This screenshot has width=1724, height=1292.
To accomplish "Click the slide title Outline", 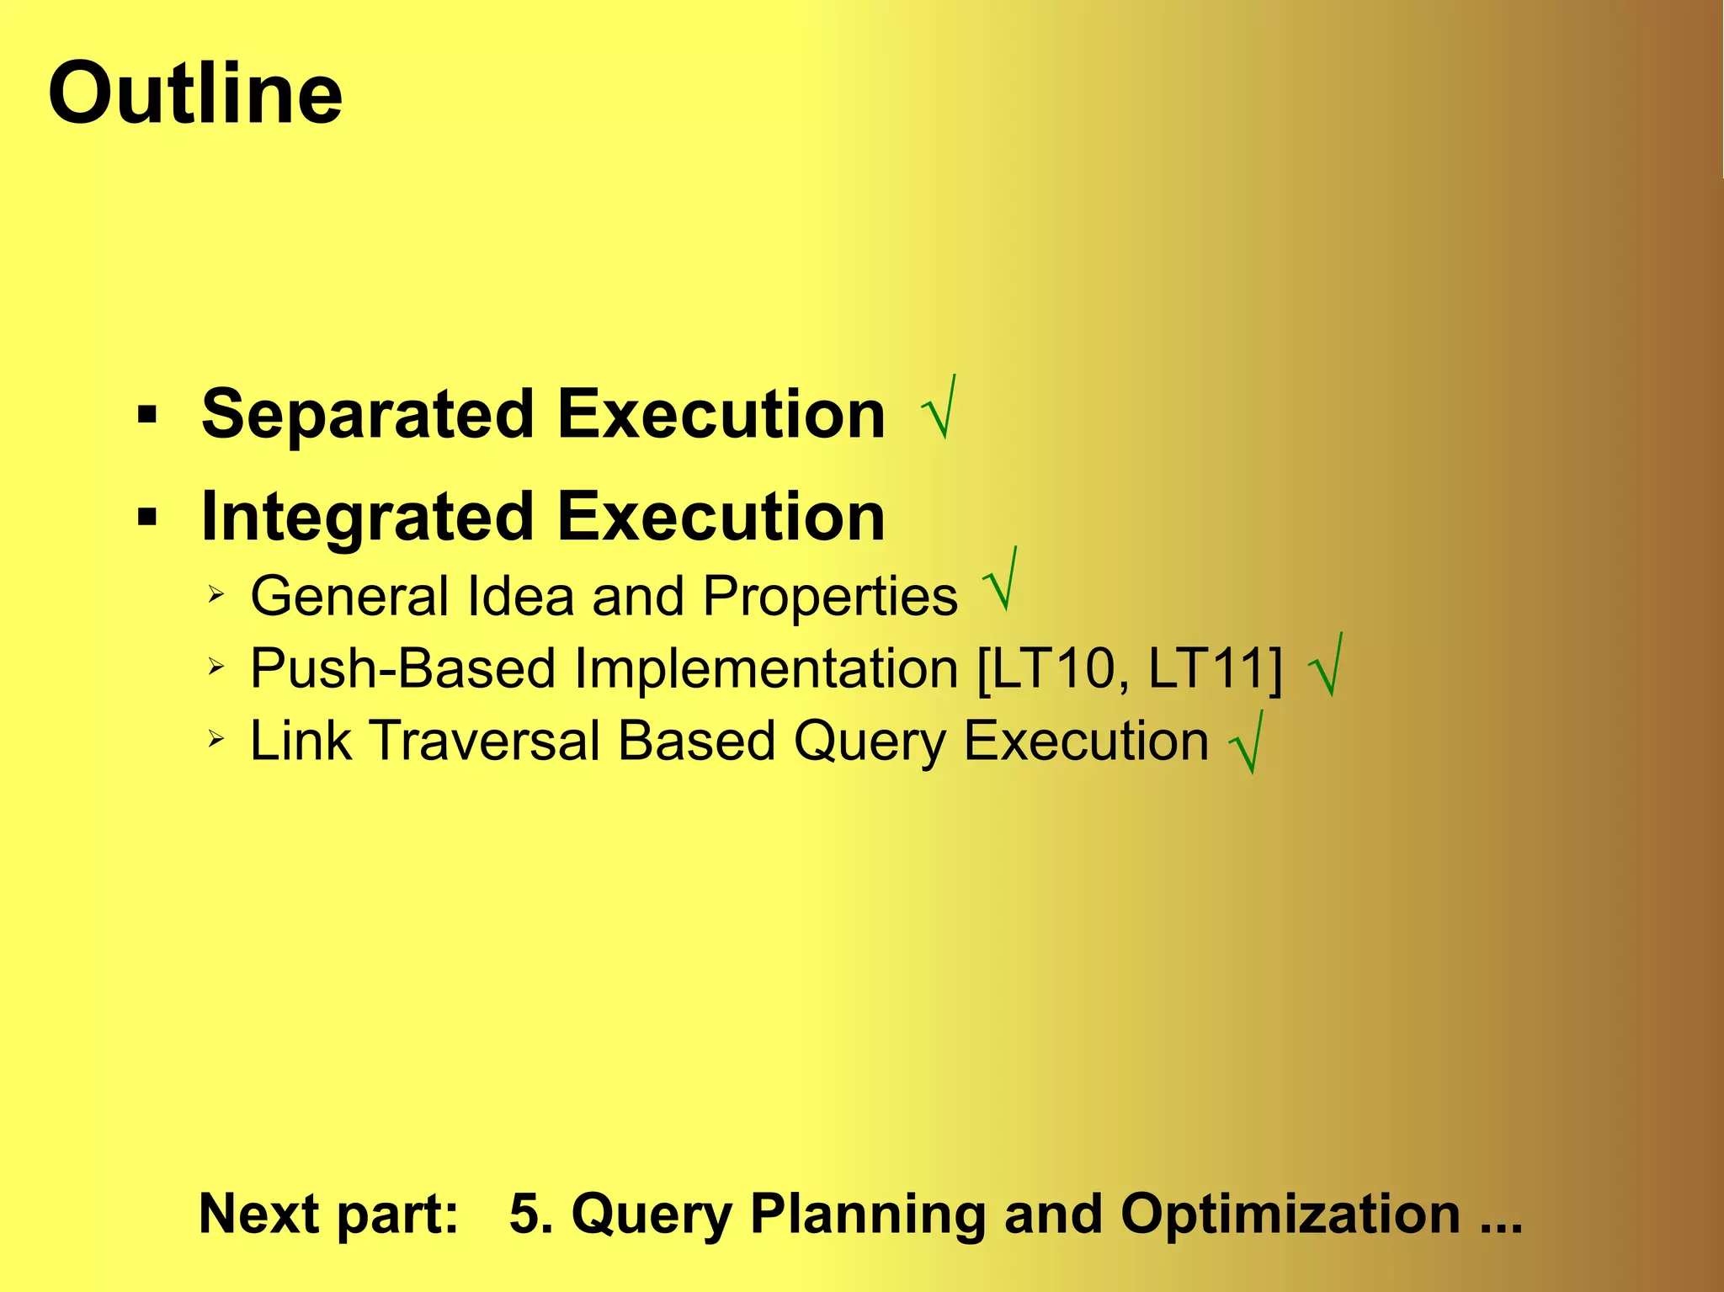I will point(195,93).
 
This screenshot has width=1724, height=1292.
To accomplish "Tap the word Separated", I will point(368,414).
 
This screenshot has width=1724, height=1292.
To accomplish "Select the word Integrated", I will point(368,517).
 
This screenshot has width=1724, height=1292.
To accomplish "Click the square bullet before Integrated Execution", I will point(147,516).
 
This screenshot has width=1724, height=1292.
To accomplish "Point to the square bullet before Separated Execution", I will point(147,414).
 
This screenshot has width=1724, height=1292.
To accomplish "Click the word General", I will point(349,597).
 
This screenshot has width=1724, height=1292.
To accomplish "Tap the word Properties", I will point(830,597).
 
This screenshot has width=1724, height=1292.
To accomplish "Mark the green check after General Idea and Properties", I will point(1001,581).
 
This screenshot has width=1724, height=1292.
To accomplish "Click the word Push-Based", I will point(403,669).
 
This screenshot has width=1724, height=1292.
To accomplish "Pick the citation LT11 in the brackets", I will point(1210,669).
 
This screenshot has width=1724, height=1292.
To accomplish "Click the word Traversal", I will point(485,742).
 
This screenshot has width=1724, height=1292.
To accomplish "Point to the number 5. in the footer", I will point(531,1214).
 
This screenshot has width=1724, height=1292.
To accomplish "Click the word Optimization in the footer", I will point(1290,1214).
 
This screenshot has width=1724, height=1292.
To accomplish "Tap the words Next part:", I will point(328,1214).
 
